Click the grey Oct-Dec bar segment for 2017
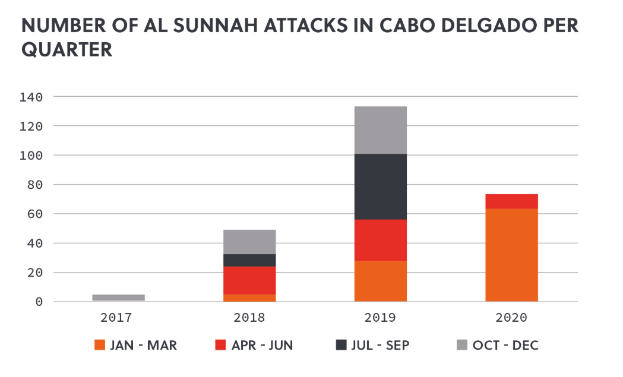(118, 297)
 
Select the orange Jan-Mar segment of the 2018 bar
(249, 298)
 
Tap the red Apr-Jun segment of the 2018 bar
(249, 280)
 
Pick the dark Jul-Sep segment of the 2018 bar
(249, 260)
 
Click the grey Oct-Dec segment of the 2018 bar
(249, 242)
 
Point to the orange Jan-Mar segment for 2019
(380, 281)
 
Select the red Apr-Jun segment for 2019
(380, 240)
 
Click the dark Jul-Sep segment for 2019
(380, 186)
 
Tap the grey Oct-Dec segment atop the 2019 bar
(380, 130)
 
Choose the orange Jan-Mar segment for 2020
(511, 255)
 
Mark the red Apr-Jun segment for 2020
(511, 201)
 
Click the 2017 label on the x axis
(118, 318)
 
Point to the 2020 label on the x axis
(511, 318)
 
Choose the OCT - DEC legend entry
(497, 345)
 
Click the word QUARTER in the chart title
(67, 50)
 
